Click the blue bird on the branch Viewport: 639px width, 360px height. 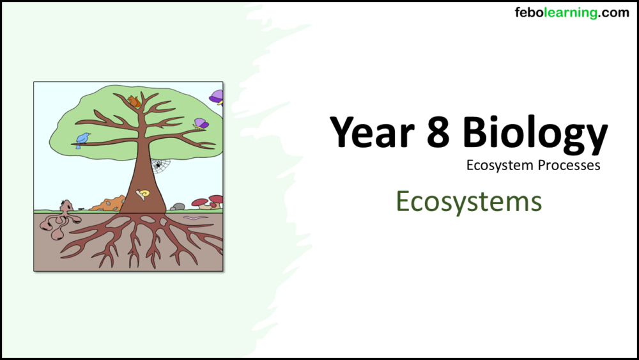point(82,139)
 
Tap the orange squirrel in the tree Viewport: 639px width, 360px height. point(134,101)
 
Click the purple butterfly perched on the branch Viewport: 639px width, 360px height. point(201,123)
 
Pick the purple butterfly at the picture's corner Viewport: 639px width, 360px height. point(217,97)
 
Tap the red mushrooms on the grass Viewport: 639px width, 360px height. point(208,202)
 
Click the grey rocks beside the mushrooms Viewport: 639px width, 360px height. point(178,207)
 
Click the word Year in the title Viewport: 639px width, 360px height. point(371,132)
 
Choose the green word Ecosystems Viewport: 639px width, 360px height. point(468,201)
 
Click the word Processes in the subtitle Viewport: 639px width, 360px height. point(567,166)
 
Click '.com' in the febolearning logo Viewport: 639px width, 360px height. point(614,13)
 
